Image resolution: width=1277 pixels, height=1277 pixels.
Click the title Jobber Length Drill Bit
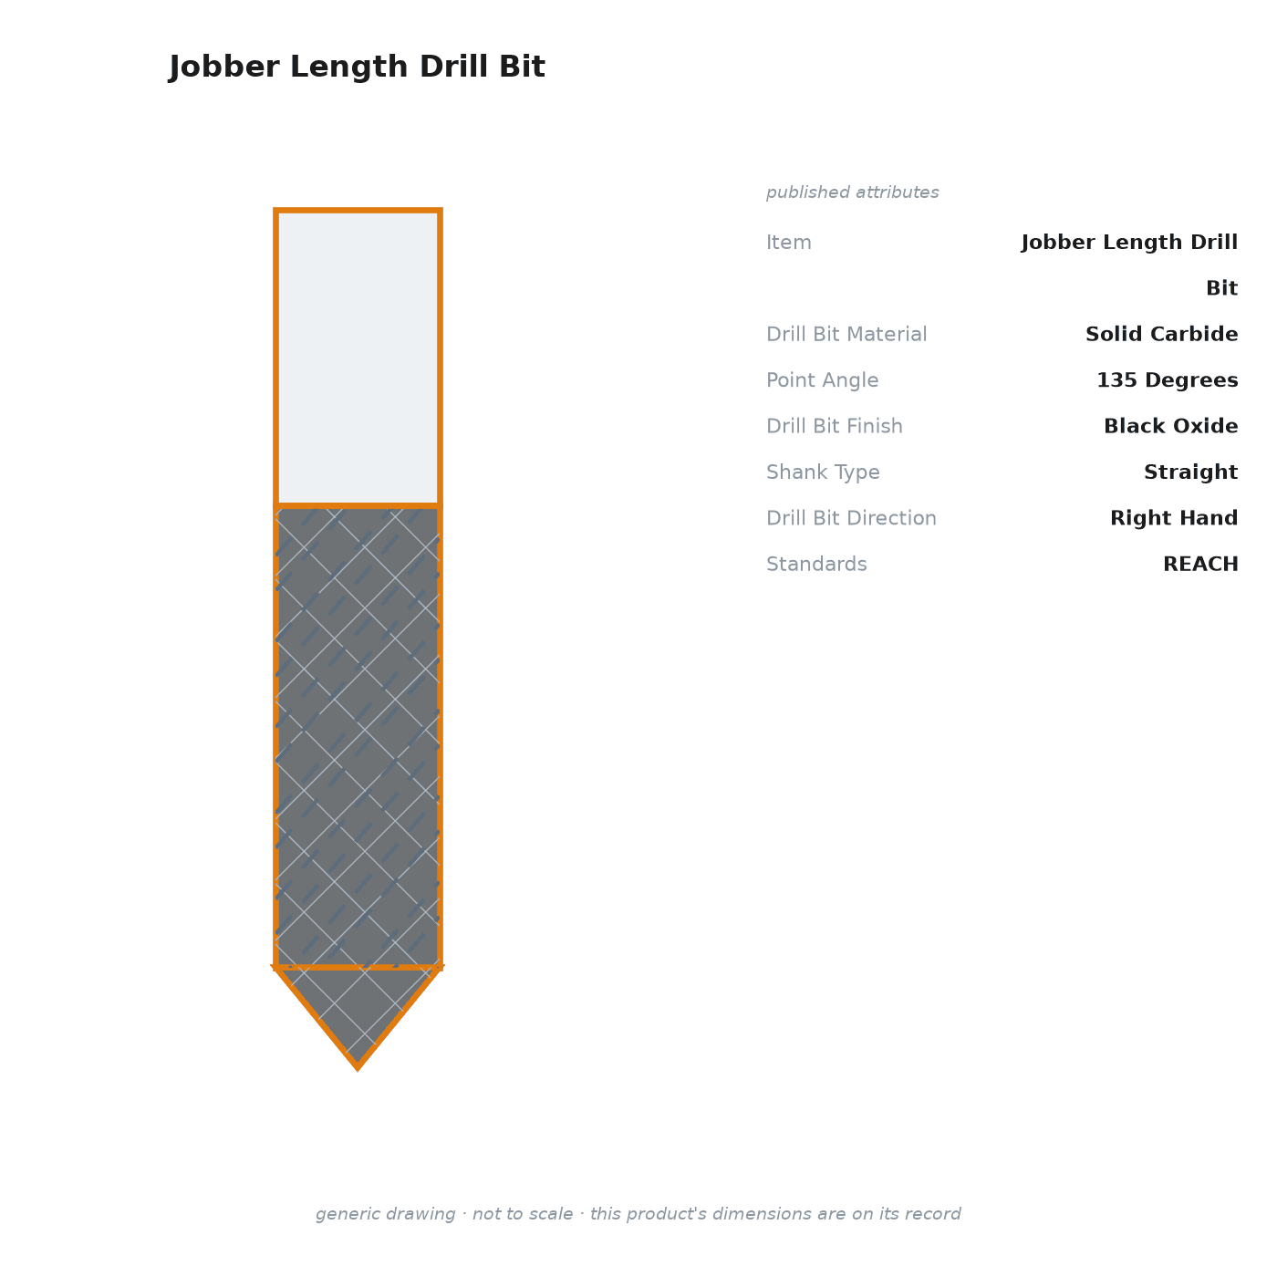[x=357, y=67]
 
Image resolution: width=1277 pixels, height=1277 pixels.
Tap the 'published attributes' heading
[x=852, y=192]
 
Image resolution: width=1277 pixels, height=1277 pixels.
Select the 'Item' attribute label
[x=789, y=243]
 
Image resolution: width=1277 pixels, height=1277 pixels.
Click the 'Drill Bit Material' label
[x=846, y=334]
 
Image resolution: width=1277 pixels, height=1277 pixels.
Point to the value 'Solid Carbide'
[x=1161, y=334]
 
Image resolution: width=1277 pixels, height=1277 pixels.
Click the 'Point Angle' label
[x=823, y=380]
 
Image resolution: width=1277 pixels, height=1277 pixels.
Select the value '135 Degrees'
[x=1167, y=380]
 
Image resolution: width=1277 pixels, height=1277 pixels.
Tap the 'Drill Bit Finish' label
[x=835, y=426]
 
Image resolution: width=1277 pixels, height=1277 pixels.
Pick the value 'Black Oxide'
[x=1170, y=426]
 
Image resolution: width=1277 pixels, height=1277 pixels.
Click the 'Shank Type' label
[x=823, y=472]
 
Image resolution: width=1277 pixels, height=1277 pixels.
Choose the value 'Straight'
[x=1190, y=472]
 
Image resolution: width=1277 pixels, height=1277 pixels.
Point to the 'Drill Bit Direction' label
[x=852, y=518]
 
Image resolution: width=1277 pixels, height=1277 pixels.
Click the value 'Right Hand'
[x=1174, y=518]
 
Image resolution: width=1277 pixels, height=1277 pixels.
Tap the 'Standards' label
[x=816, y=564]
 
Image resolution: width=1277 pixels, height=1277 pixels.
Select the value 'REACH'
[x=1200, y=564]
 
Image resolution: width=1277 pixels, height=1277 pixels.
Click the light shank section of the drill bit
[x=358, y=358]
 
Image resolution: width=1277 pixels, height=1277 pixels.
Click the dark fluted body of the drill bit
[x=358, y=737]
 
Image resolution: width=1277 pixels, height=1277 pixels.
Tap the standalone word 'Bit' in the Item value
[x=1221, y=288]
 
